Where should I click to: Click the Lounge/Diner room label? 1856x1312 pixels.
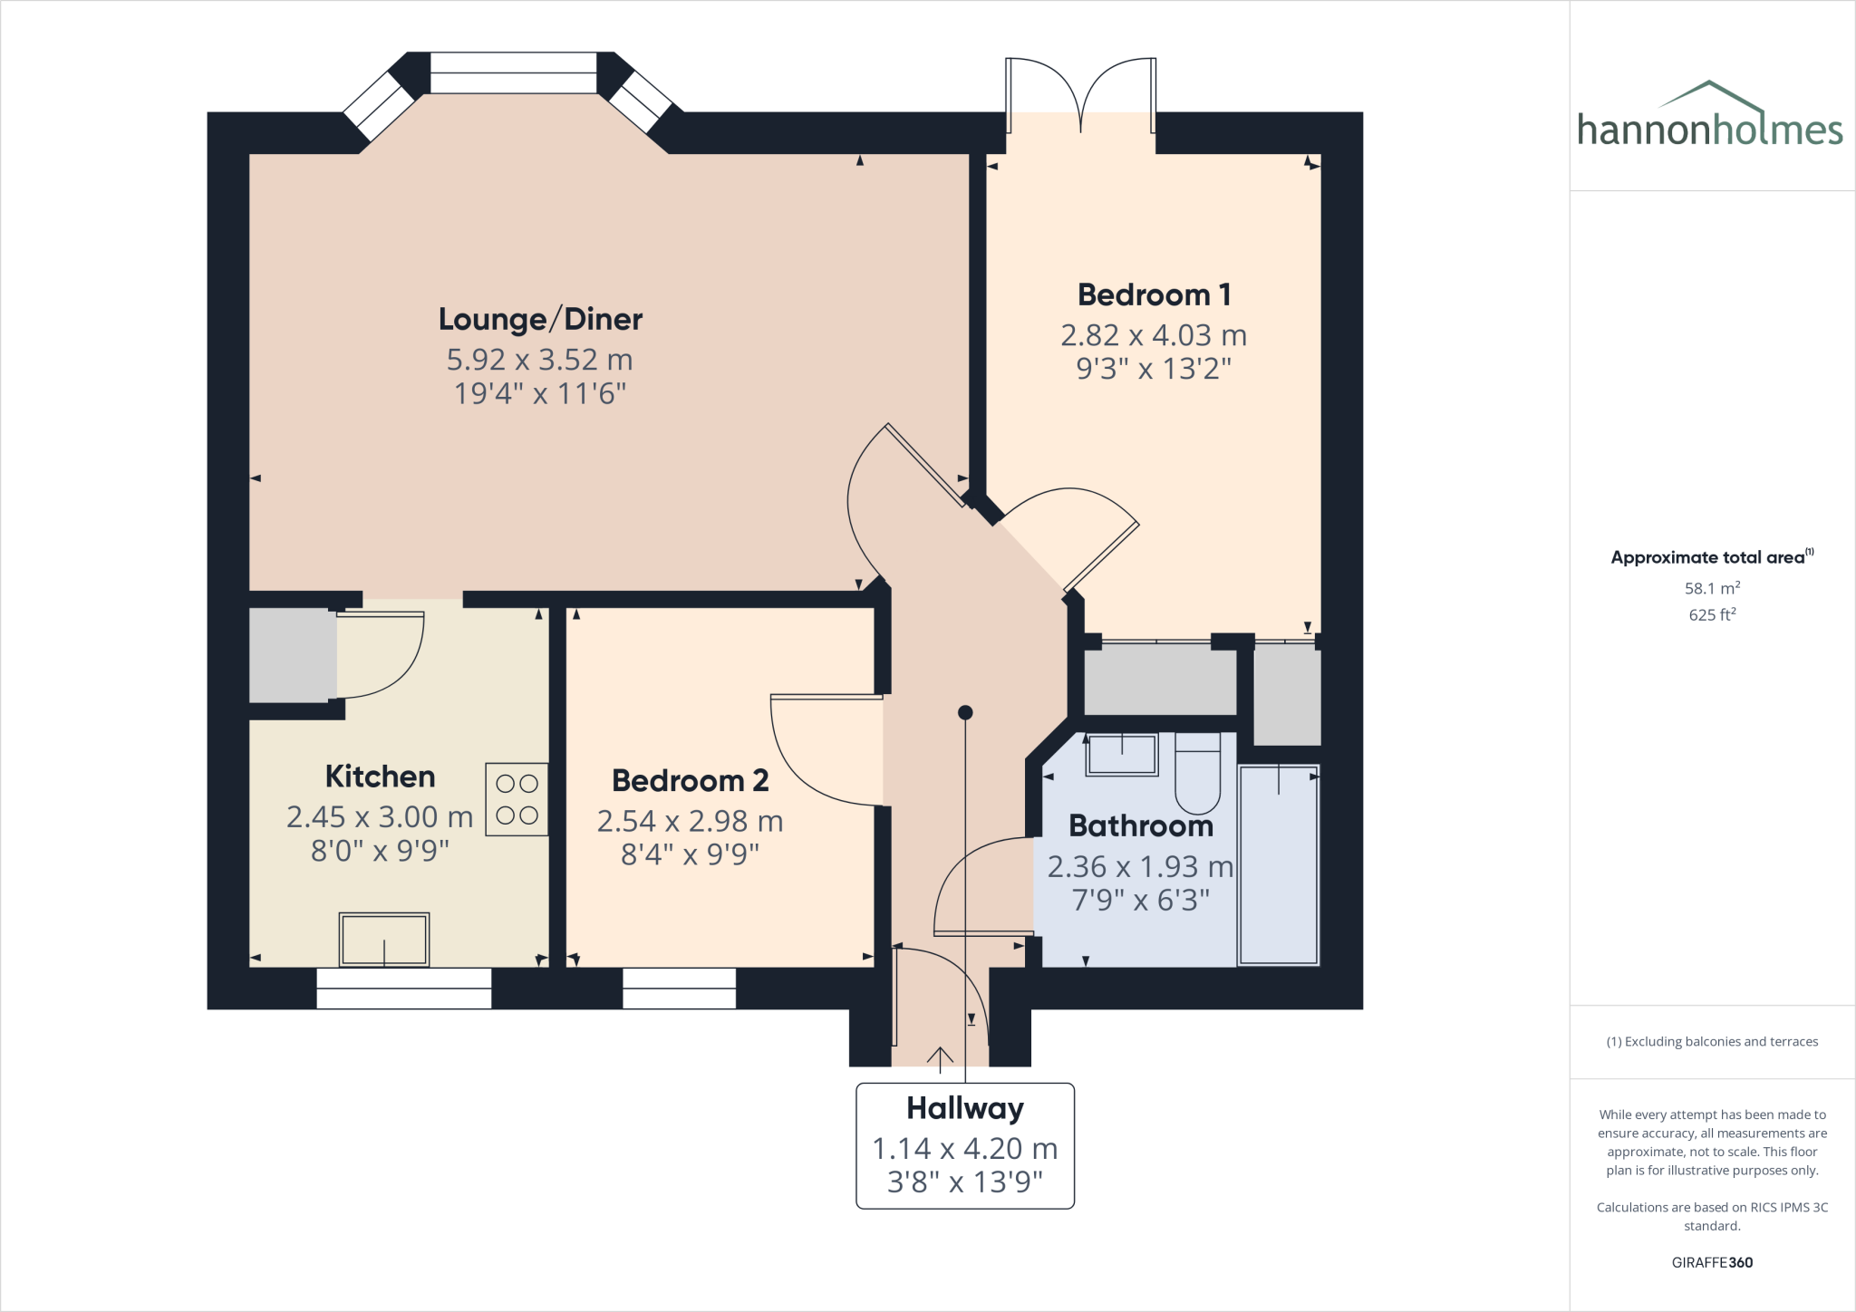[x=540, y=319]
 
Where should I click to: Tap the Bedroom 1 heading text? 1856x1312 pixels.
[x=1154, y=294]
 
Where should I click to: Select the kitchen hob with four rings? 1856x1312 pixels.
[x=517, y=799]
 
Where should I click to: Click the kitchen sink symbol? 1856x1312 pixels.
[x=383, y=940]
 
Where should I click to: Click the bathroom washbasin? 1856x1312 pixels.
[x=1122, y=754]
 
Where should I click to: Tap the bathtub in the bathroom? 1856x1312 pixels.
[x=1278, y=865]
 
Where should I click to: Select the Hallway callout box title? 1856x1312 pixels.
[x=965, y=1108]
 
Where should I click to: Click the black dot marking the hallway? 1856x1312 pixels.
[x=965, y=713]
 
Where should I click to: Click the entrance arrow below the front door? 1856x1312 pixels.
[x=940, y=1057]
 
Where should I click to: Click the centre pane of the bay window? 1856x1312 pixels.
[x=513, y=72]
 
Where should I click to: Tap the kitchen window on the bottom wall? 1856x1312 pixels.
[x=403, y=989]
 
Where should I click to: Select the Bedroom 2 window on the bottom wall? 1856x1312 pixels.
[x=679, y=989]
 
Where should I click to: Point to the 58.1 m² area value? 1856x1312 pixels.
[x=1712, y=588]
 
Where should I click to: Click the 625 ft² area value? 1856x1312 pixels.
[x=1712, y=614]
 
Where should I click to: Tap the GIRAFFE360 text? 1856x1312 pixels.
[x=1712, y=1262]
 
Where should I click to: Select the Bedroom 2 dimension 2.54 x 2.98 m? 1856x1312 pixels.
[x=690, y=821]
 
